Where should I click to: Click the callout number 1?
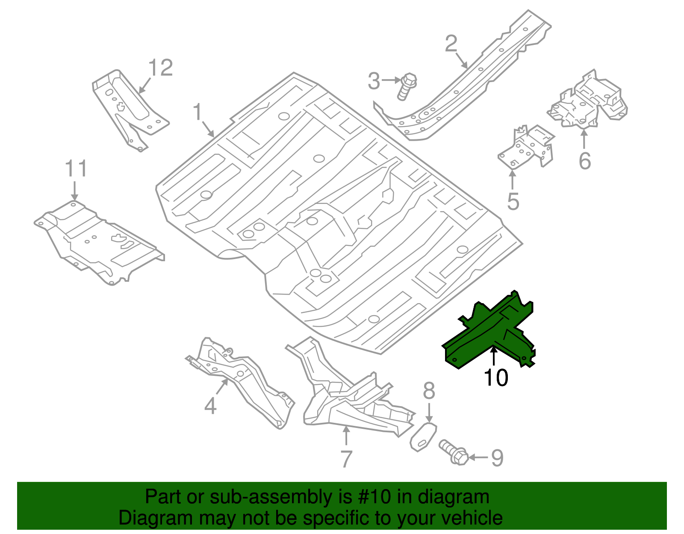197,112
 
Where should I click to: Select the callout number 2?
451,44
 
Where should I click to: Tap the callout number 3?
374,81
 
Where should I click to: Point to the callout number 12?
161,68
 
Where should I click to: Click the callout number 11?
76,169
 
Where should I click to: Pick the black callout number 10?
496,378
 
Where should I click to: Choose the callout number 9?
497,458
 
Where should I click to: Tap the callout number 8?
429,391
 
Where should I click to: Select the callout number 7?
346,459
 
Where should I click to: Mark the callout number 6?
584,161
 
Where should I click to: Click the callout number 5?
513,201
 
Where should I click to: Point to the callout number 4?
210,405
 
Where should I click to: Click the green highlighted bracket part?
487,333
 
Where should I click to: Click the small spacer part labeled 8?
423,437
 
